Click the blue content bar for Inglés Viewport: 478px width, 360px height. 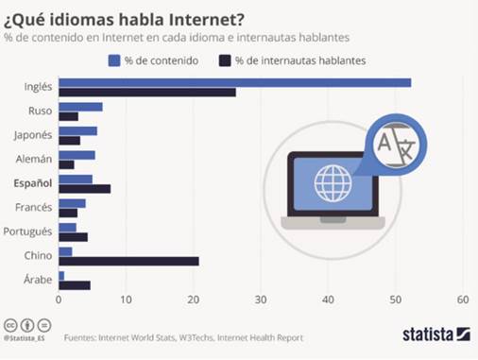tap(235, 83)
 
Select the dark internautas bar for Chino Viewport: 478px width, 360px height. tap(128, 261)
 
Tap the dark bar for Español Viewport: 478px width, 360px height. tap(85, 189)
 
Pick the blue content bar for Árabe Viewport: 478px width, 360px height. tap(61, 276)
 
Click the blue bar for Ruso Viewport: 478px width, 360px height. tap(80, 107)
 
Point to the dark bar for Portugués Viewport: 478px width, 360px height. tap(73, 237)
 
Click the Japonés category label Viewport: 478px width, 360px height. tap(33, 135)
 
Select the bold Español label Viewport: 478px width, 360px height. tap(33, 183)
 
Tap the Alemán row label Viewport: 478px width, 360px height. tap(34, 159)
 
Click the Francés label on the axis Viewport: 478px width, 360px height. tap(33, 207)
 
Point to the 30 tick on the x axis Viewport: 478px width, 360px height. tap(261, 300)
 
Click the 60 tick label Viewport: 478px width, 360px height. tap(463, 300)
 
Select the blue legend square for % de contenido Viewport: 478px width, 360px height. tap(114, 60)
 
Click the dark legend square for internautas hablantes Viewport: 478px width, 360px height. tap(225, 60)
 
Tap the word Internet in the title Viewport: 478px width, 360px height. tap(207, 20)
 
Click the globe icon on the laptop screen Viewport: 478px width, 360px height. tap(333, 183)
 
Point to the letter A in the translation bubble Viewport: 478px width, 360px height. tap(384, 143)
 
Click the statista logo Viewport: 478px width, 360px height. tap(436, 334)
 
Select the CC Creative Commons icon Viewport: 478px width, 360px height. tap(10, 325)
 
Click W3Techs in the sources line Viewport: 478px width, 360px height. tap(196, 337)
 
